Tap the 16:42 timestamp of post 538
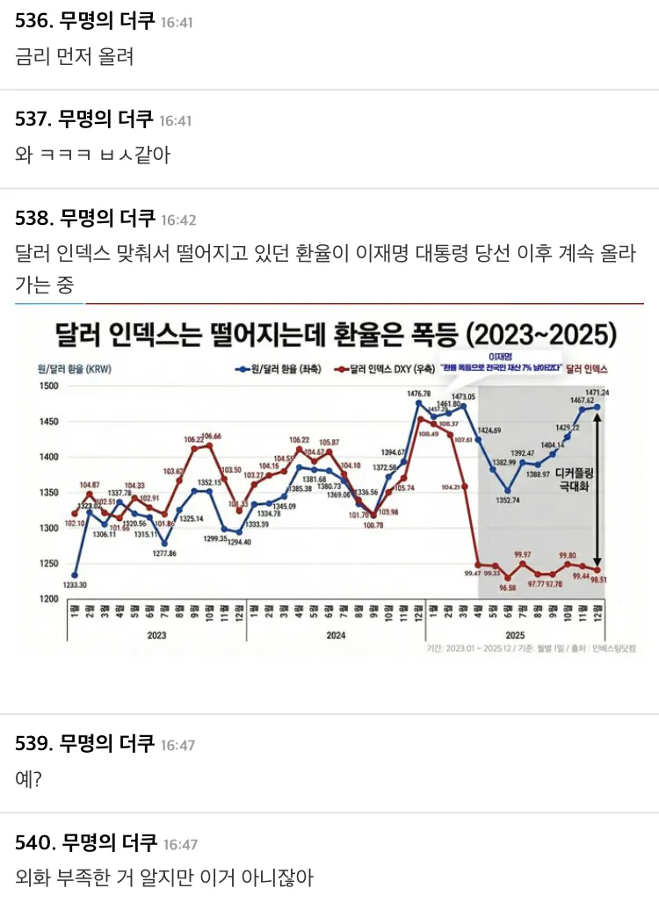click(178, 219)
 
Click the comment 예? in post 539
click(29, 778)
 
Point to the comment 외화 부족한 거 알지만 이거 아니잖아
click(164, 877)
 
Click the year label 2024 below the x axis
click(335, 633)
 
